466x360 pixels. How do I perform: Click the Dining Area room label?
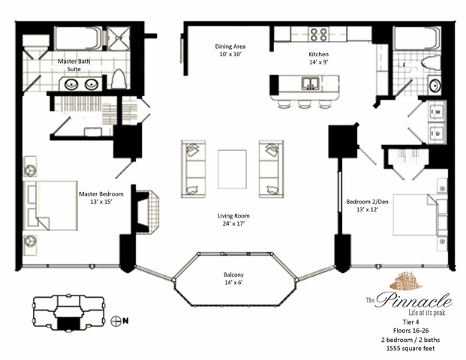(230, 50)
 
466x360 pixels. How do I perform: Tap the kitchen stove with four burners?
(319, 34)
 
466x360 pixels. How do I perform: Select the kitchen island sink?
(311, 82)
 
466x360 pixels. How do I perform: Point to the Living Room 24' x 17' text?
(233, 220)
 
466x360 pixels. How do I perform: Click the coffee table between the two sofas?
(232, 169)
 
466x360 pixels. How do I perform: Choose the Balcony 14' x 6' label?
(233, 278)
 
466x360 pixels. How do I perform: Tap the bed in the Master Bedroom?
(50, 205)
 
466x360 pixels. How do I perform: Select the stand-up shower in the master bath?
(119, 38)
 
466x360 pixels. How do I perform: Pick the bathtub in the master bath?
(78, 38)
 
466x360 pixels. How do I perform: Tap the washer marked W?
(437, 112)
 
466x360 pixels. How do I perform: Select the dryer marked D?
(437, 133)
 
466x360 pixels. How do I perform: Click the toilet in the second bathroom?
(431, 63)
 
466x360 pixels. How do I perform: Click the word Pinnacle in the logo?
(413, 300)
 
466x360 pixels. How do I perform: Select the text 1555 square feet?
(410, 349)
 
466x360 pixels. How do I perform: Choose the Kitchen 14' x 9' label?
(319, 58)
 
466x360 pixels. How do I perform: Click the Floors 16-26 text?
(410, 330)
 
